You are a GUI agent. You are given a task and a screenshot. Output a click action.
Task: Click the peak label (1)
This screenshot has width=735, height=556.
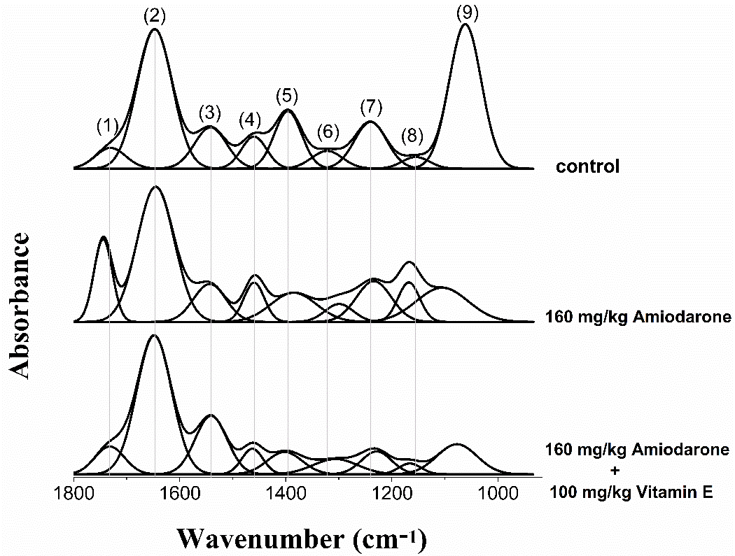[107, 127]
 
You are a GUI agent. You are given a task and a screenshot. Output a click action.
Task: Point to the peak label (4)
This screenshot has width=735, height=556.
[250, 119]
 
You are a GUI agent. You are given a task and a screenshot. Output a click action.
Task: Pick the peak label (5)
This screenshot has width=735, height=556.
[287, 94]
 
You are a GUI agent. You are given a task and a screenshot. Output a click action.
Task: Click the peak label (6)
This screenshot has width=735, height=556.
[328, 131]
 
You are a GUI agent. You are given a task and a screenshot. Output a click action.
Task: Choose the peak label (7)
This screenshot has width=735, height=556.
[371, 107]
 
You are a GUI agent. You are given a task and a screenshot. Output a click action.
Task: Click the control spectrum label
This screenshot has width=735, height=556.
[588, 167]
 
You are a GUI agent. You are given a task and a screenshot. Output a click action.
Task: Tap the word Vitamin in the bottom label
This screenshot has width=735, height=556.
[662, 493]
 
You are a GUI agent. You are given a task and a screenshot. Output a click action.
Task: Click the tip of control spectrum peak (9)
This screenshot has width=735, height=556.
[465, 25]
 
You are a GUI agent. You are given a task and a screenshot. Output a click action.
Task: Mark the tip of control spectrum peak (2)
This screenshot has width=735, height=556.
[155, 29]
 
